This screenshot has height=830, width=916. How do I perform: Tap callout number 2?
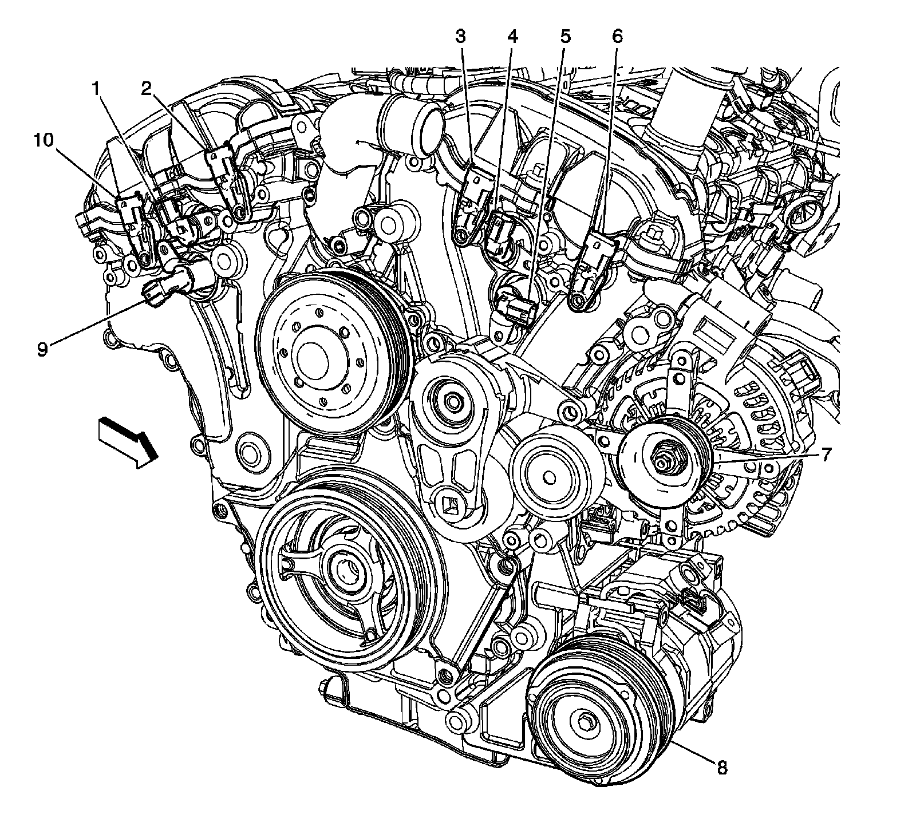coord(147,89)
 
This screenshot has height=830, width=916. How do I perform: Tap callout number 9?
coord(42,349)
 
